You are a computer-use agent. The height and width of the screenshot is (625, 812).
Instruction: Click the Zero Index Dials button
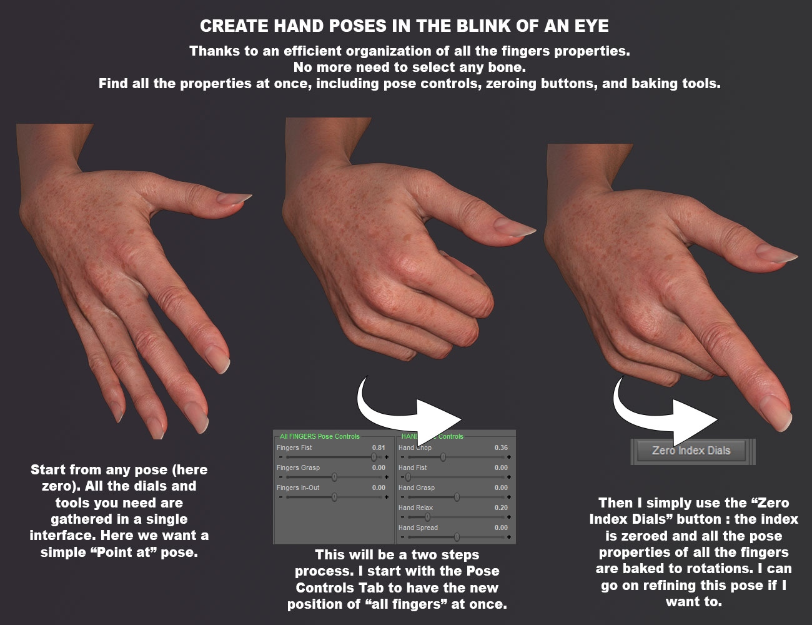pyautogui.click(x=691, y=451)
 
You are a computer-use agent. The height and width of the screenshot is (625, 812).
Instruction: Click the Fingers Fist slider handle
pyautogui.click(x=374, y=457)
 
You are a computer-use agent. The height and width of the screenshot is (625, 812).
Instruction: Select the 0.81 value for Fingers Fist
pyautogui.click(x=379, y=447)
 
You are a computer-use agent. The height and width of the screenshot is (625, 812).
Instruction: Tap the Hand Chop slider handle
pyautogui.click(x=443, y=457)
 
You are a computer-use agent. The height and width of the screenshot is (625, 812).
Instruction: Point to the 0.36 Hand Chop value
pyautogui.click(x=501, y=447)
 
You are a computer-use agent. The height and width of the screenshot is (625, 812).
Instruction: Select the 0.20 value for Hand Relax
pyautogui.click(x=501, y=507)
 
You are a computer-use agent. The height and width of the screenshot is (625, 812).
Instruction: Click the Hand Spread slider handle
pyautogui.click(x=457, y=537)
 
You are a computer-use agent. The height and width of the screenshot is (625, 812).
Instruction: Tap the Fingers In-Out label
pyautogui.click(x=298, y=487)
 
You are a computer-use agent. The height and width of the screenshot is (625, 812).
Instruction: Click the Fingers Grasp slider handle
pyautogui.click(x=334, y=477)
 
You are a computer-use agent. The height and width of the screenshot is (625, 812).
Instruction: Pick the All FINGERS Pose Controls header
pyautogui.click(x=320, y=436)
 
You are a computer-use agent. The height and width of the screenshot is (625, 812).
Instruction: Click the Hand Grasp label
pyautogui.click(x=417, y=487)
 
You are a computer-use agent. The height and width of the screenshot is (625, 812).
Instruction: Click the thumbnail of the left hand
pyautogui.click(x=125, y=275)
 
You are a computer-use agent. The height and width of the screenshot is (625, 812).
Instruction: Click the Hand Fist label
pyautogui.click(x=413, y=467)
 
